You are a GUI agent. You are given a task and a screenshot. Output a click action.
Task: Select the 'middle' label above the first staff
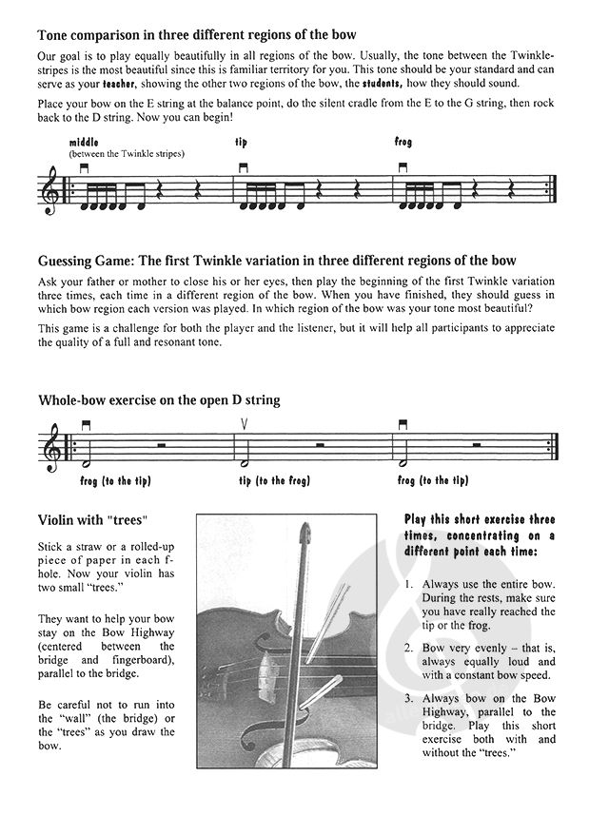(84, 142)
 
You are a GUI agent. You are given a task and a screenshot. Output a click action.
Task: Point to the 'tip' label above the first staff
(241, 142)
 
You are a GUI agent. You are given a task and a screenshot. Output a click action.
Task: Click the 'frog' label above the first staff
(403, 142)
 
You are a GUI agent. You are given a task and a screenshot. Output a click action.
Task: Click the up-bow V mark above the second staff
(245, 425)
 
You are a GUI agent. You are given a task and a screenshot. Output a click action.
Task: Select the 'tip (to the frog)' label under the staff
(274, 481)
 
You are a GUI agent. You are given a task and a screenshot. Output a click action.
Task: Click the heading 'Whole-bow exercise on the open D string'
(159, 400)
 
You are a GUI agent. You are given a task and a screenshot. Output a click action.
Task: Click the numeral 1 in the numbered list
(407, 584)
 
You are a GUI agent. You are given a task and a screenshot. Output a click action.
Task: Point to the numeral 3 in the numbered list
(407, 699)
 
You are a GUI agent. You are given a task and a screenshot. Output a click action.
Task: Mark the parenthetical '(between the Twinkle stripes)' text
(126, 153)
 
